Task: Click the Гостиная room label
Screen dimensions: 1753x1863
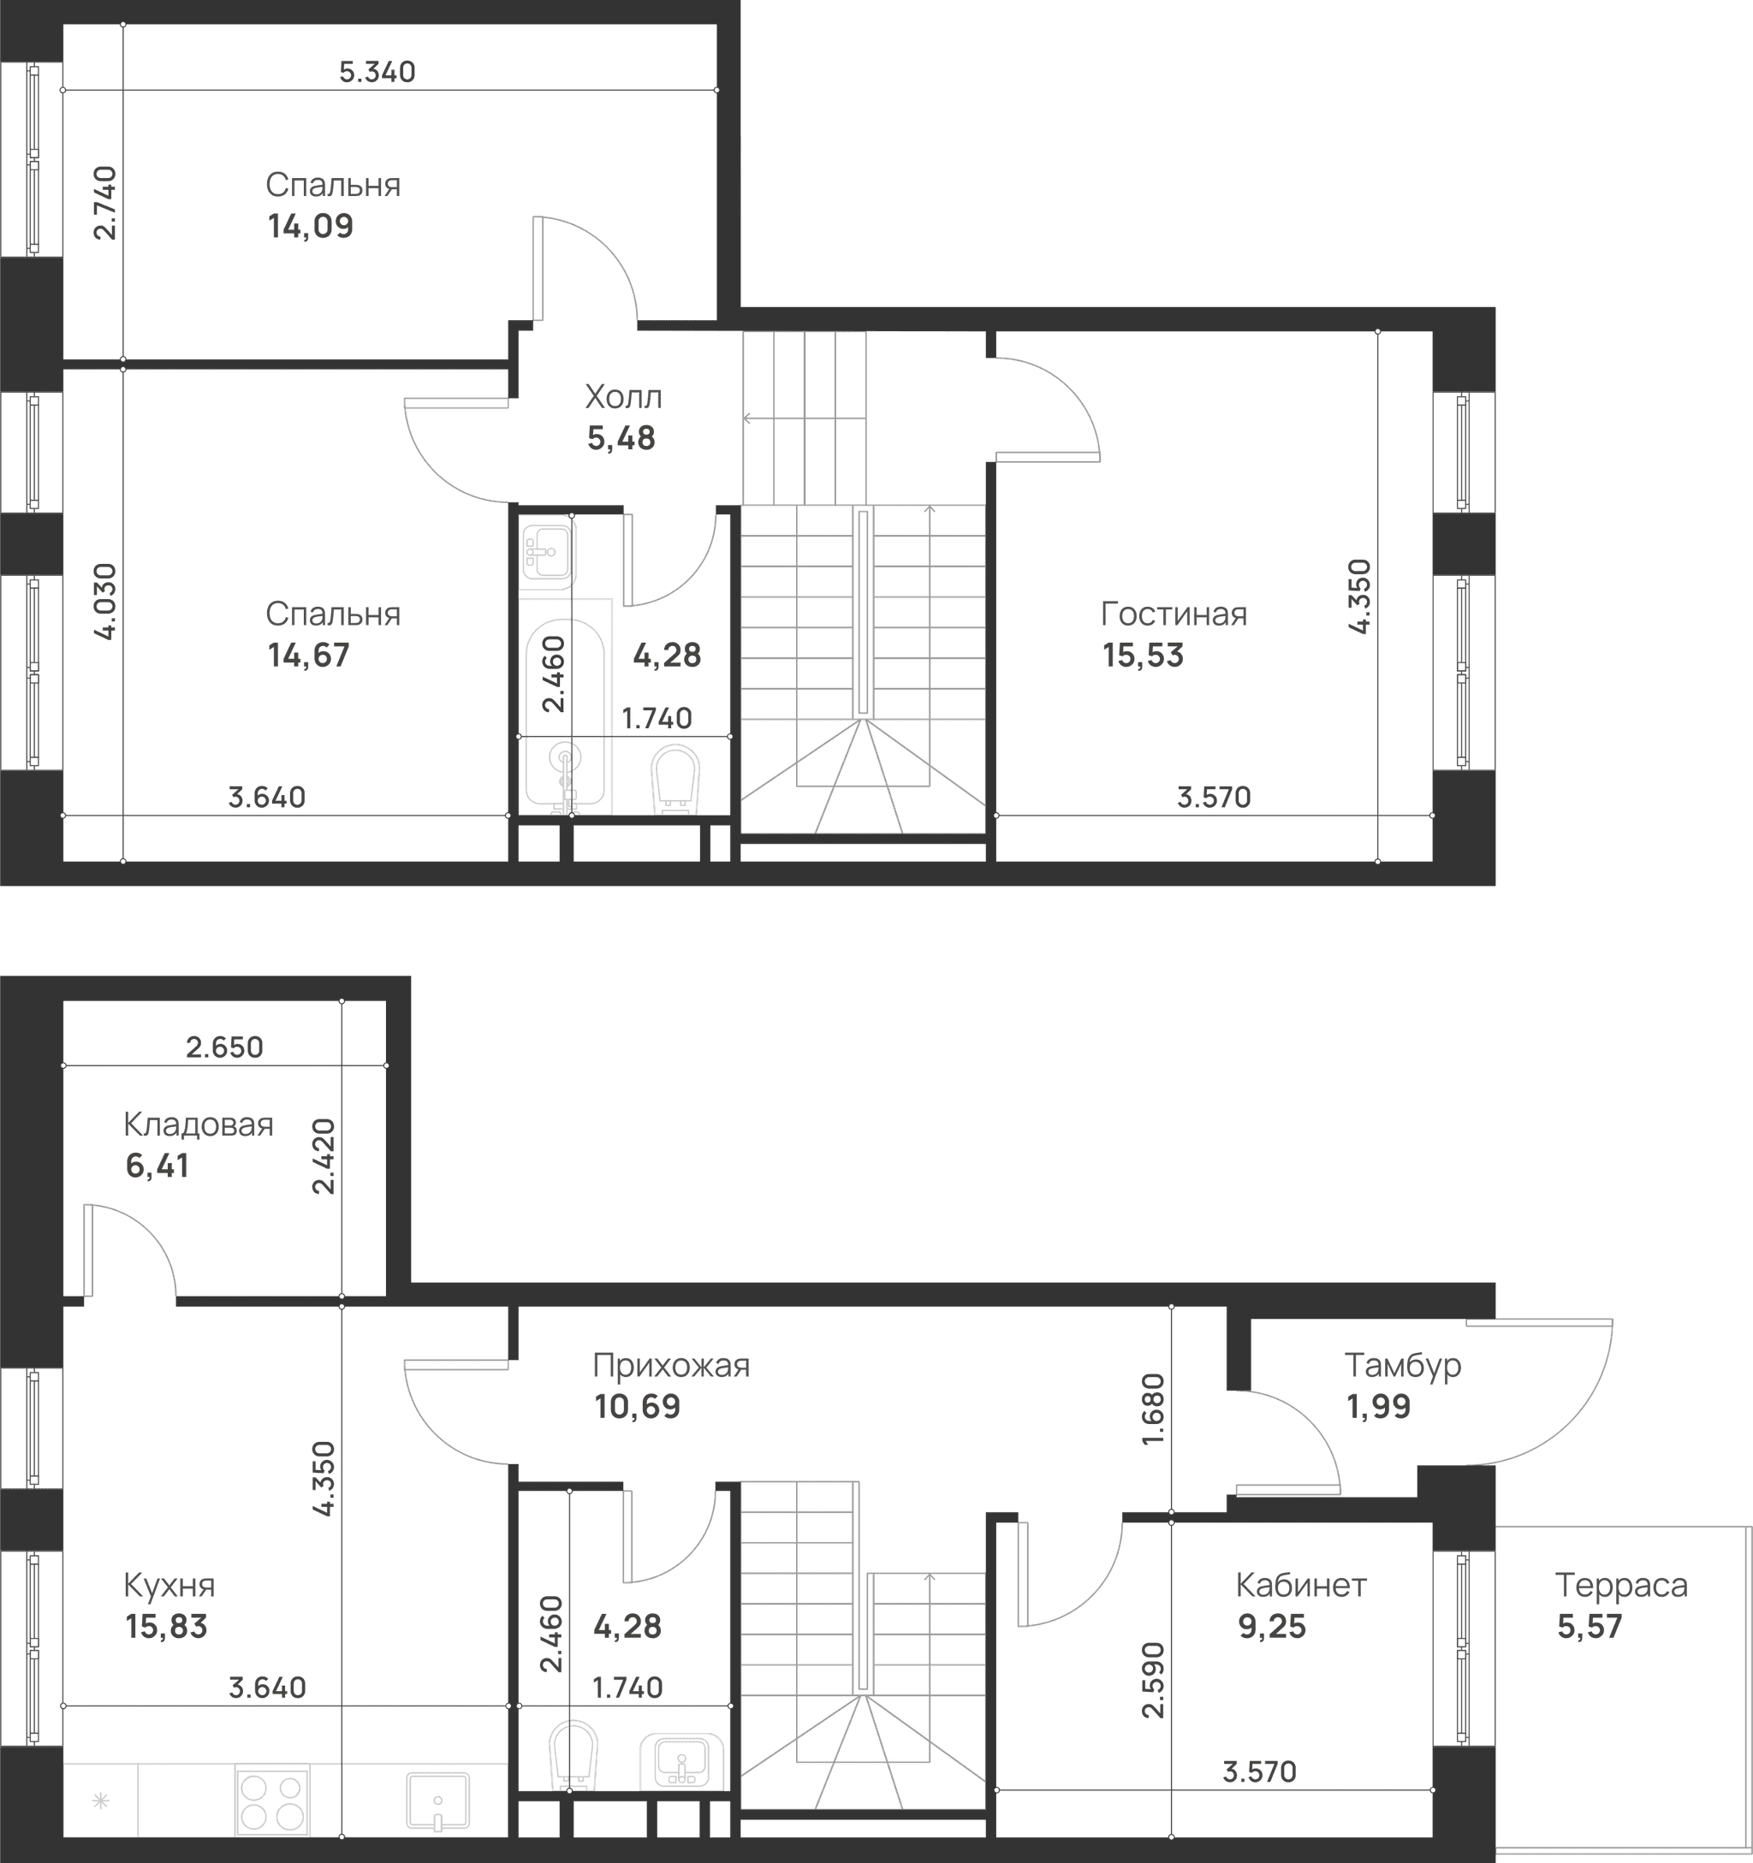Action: point(1174,614)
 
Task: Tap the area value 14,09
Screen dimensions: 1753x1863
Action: point(311,227)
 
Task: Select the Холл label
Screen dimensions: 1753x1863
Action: point(623,397)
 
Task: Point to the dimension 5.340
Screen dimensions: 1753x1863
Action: point(377,72)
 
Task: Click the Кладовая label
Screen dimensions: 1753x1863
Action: point(199,1124)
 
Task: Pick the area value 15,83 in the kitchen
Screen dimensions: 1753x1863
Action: point(166,1627)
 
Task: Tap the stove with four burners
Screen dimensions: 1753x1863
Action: point(273,1801)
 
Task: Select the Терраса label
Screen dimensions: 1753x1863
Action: point(1622,1586)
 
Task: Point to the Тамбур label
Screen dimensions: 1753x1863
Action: point(1402,1366)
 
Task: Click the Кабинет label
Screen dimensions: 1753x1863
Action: point(1301,1586)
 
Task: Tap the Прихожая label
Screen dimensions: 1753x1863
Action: point(671,1367)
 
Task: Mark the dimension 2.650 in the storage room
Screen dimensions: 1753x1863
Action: point(224,1047)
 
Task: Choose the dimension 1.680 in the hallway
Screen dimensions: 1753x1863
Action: point(1153,1410)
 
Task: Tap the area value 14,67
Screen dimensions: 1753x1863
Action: point(308,655)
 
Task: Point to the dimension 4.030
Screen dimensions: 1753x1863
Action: point(106,601)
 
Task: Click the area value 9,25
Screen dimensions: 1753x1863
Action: point(1272,1627)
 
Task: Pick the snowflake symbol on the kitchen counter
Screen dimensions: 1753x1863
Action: point(100,1801)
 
